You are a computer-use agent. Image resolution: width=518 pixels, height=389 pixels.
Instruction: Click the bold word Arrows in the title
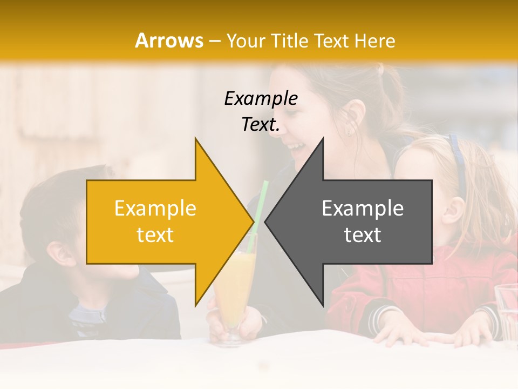(x=169, y=41)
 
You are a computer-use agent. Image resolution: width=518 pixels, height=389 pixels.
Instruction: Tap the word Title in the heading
(x=289, y=41)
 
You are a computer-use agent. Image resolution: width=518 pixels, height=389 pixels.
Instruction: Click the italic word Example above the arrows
(x=261, y=98)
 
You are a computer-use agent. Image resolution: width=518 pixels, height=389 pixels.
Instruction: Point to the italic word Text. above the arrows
(x=261, y=125)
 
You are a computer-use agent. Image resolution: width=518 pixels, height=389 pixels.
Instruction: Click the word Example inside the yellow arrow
(x=155, y=209)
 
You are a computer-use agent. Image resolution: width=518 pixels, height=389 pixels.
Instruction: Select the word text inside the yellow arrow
(x=155, y=235)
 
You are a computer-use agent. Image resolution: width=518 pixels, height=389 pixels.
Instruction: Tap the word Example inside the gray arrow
(x=363, y=209)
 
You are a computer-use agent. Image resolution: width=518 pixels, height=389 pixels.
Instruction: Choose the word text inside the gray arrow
(x=363, y=235)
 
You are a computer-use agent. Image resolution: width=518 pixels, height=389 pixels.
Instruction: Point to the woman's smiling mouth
(x=296, y=146)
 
